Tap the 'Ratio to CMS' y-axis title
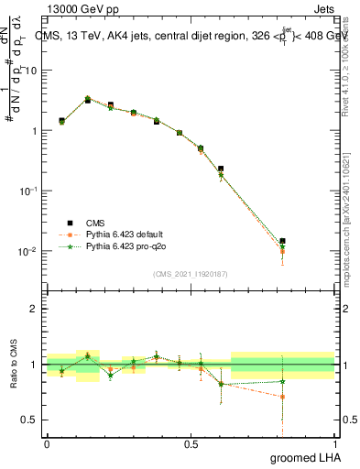(x=14, y=365)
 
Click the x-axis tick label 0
(x=47, y=442)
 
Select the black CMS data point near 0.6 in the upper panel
(x=221, y=169)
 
